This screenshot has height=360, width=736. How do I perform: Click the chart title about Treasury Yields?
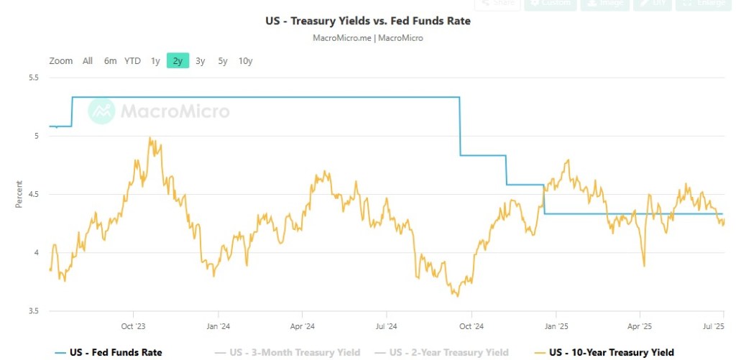368,21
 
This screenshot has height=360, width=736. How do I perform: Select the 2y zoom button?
178,61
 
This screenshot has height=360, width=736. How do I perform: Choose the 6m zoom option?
110,61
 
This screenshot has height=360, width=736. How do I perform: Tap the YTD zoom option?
132,61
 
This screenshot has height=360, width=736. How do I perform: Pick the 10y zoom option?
245,61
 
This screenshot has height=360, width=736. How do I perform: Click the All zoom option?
88,61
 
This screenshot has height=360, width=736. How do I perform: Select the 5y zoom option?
223,61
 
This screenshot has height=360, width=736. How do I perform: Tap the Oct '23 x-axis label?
133,326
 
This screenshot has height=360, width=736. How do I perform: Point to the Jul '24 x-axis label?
386,326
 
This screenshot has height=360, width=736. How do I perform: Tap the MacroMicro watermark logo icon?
101,111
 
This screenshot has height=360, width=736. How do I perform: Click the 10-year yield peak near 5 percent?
149,138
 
